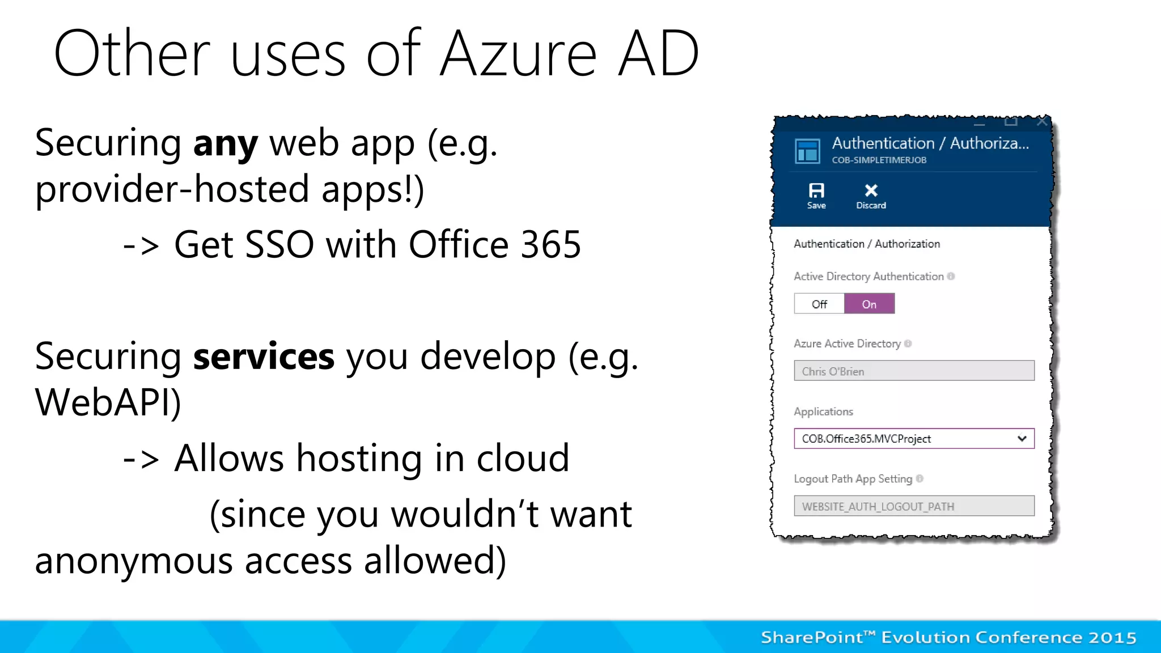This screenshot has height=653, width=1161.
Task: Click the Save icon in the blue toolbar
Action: (x=816, y=191)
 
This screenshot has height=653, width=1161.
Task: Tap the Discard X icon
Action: (x=871, y=190)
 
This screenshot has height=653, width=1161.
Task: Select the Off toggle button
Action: (x=819, y=304)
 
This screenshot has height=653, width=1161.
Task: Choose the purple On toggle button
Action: (x=869, y=304)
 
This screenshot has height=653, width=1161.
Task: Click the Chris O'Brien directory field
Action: (x=914, y=371)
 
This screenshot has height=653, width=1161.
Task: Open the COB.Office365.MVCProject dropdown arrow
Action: (x=1022, y=439)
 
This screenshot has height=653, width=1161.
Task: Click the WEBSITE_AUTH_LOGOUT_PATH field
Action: (x=914, y=506)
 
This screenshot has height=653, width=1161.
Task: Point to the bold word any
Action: (x=225, y=145)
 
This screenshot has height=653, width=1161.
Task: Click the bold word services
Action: (x=264, y=357)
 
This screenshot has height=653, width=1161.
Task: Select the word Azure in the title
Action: (x=518, y=54)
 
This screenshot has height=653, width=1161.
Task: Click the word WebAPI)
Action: (x=108, y=403)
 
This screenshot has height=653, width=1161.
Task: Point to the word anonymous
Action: (x=134, y=561)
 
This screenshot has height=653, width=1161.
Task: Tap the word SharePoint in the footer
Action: (x=812, y=638)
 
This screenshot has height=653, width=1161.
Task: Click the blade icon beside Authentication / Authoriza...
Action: (x=807, y=151)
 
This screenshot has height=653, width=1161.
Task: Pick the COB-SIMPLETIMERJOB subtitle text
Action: (x=879, y=160)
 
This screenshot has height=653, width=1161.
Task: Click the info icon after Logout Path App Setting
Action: (x=920, y=478)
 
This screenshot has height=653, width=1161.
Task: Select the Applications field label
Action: (x=823, y=412)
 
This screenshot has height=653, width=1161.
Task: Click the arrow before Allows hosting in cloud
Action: (x=141, y=459)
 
